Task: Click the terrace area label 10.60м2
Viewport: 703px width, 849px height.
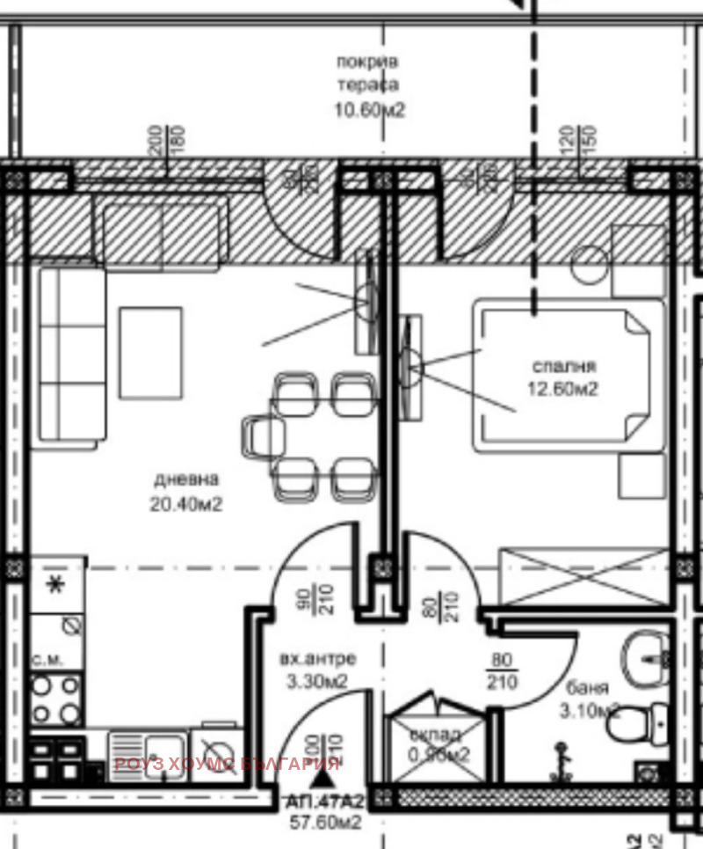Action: tap(367, 110)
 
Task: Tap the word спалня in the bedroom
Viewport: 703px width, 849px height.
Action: tap(564, 366)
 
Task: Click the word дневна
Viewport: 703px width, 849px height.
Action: tap(185, 479)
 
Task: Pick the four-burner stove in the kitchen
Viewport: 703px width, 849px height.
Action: tap(57, 699)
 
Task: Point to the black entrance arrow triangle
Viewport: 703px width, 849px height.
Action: tap(326, 764)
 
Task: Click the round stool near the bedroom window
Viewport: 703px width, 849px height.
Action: tap(589, 265)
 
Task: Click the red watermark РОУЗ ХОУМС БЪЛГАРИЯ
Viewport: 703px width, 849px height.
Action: tap(227, 764)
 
